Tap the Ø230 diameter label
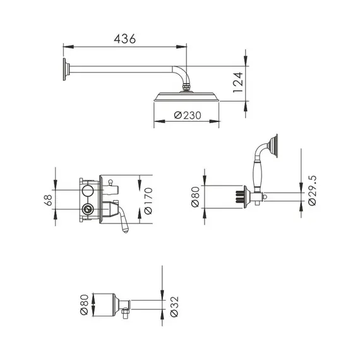(x=187, y=115)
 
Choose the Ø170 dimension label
(x=149, y=201)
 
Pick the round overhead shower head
(x=187, y=97)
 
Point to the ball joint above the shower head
(x=187, y=87)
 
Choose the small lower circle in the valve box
(x=87, y=210)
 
